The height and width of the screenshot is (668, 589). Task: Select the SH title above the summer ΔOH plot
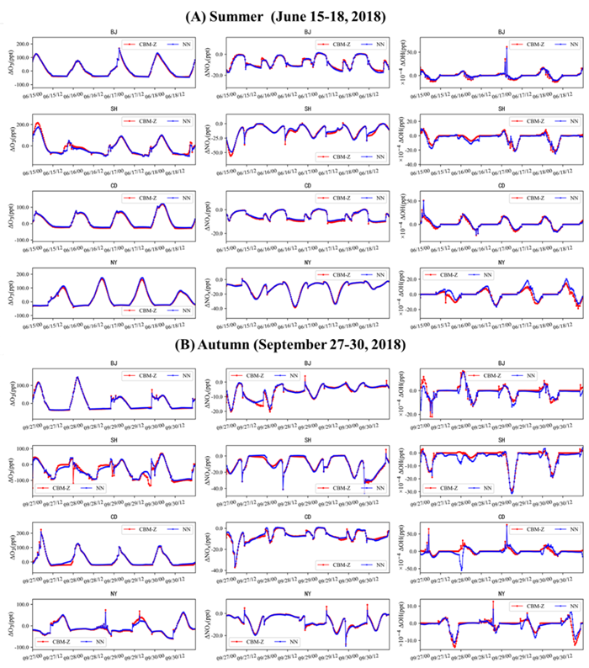[x=501, y=109]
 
